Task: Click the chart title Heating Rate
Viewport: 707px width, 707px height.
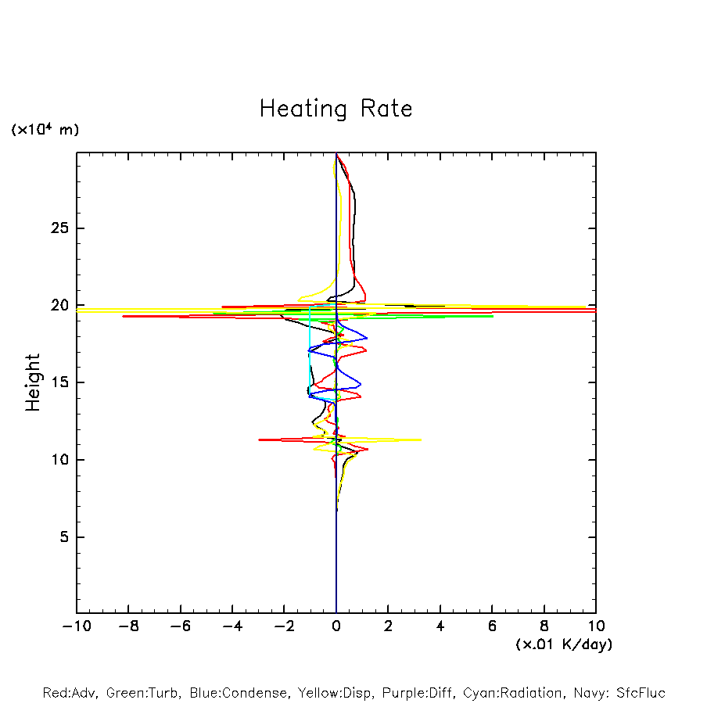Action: [x=336, y=109]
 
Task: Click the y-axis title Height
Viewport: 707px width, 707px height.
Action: [x=33, y=382]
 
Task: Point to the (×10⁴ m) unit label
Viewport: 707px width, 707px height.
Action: [x=45, y=130]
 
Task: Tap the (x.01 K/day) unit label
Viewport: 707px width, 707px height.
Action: [x=563, y=644]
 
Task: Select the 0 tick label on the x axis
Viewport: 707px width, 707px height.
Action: [x=336, y=626]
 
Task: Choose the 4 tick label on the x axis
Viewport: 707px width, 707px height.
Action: [x=440, y=626]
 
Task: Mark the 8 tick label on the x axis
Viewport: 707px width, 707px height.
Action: [x=544, y=626]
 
